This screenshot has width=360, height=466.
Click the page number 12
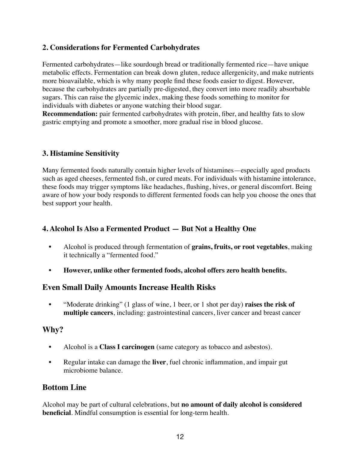pos(180,437)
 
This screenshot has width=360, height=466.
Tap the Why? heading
pos(53,330)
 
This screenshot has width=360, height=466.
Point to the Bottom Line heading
pos(64,387)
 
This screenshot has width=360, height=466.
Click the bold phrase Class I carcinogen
pos(127,347)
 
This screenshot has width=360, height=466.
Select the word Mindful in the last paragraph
pos(85,413)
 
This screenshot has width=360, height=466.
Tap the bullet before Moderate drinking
pos(50,304)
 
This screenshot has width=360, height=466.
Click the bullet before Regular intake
pos(50,362)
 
